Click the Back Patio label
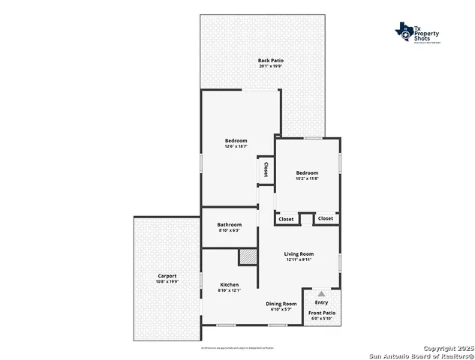(x=271, y=60)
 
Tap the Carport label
(x=167, y=275)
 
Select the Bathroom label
(x=230, y=224)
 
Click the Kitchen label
(x=229, y=284)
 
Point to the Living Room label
(x=299, y=253)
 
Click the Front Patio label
(x=322, y=312)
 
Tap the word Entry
(x=321, y=302)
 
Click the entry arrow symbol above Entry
(x=321, y=294)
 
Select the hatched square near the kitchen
(x=248, y=256)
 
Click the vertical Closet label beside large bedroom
(x=266, y=169)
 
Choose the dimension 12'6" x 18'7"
(x=236, y=146)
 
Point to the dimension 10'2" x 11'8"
(x=308, y=178)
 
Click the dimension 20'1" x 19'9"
(x=271, y=67)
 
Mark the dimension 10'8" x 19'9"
(x=167, y=281)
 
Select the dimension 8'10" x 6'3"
(x=230, y=230)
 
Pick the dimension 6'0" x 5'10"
(x=322, y=319)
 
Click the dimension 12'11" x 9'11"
(x=299, y=259)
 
